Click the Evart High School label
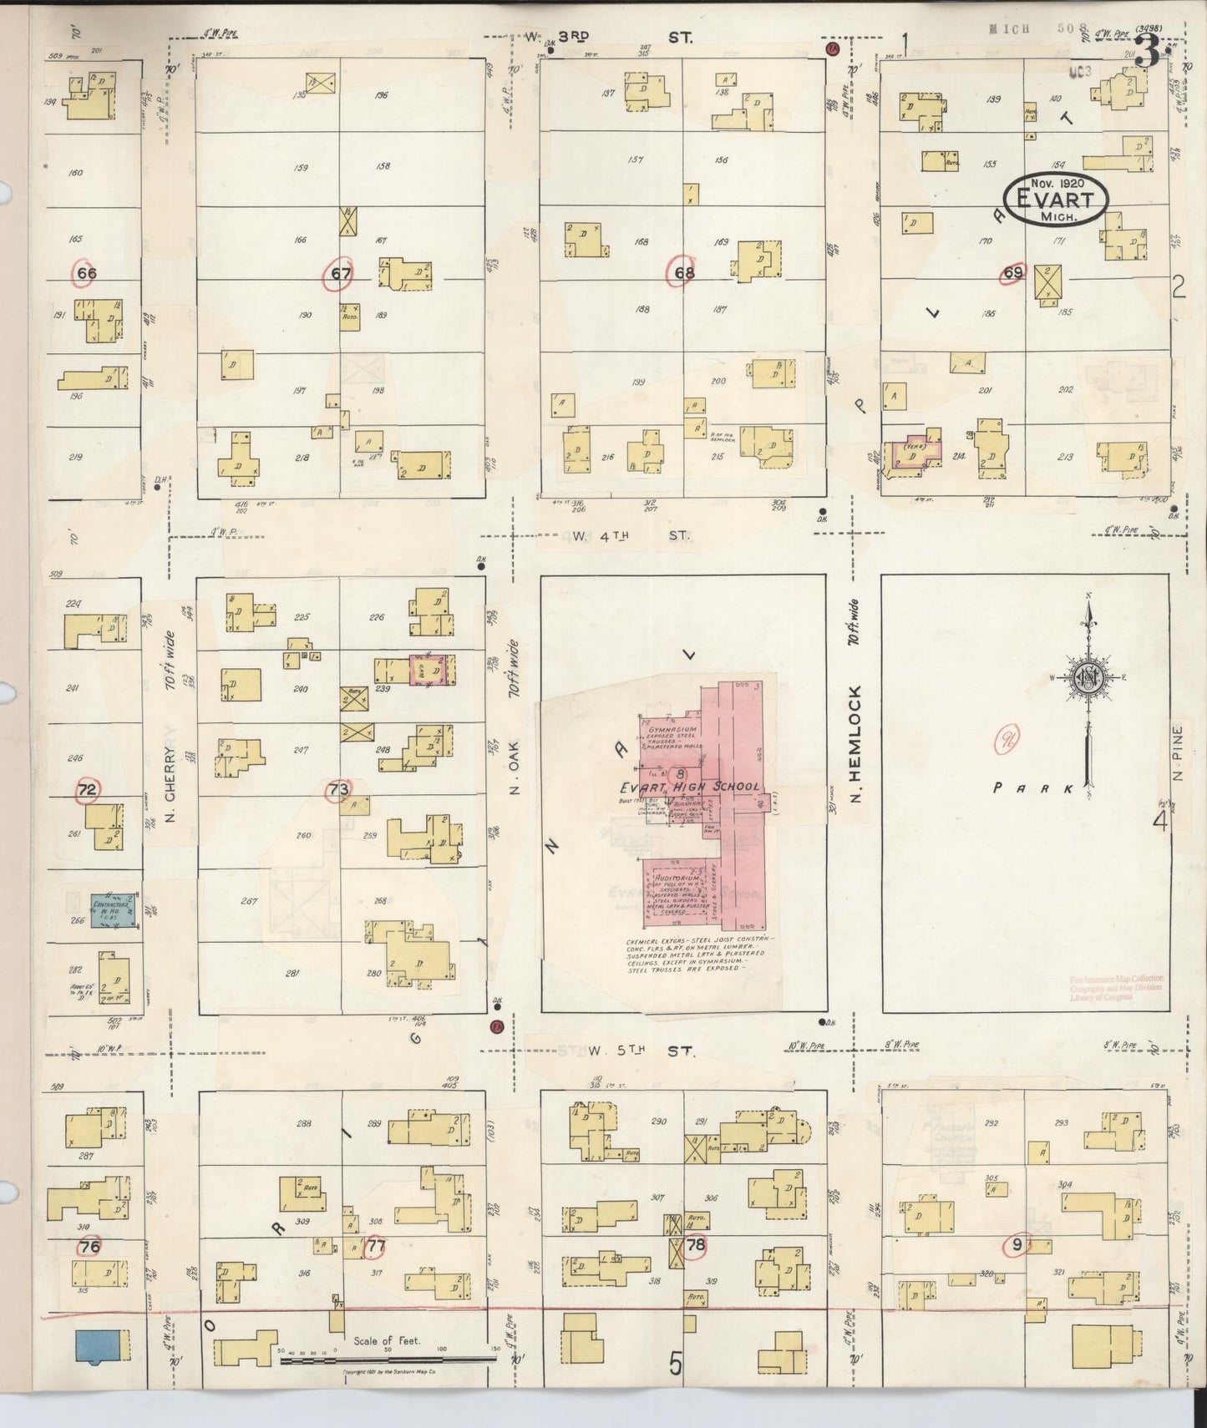point(690,787)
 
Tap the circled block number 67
point(340,272)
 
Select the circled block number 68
point(684,272)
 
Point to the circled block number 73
point(338,789)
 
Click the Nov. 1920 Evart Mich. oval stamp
point(1056,199)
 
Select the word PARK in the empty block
point(1032,787)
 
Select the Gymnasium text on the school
point(673,730)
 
